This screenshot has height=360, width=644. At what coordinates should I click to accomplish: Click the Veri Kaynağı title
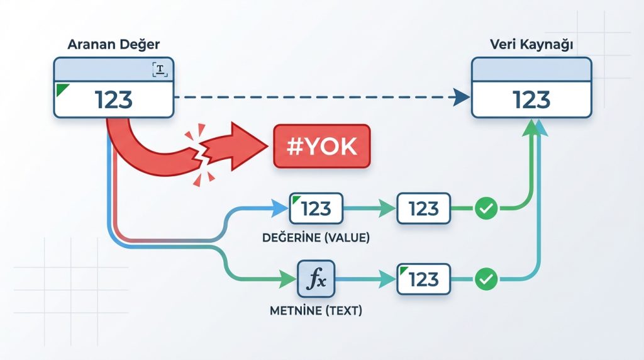click(x=531, y=46)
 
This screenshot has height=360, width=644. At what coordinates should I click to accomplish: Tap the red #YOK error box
click(x=322, y=146)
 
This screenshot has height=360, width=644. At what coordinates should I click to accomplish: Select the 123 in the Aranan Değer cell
click(x=114, y=99)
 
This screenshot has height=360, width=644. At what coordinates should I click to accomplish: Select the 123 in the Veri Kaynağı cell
click(x=531, y=99)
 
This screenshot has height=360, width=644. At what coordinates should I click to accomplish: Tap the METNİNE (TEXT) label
click(x=316, y=310)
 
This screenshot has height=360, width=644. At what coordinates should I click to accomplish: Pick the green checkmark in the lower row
click(x=485, y=278)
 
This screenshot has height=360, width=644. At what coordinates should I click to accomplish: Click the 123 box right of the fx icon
click(x=423, y=278)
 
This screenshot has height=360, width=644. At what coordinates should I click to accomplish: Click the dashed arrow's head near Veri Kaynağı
click(x=461, y=97)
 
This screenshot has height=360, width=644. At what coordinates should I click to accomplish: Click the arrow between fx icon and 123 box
click(x=368, y=278)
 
